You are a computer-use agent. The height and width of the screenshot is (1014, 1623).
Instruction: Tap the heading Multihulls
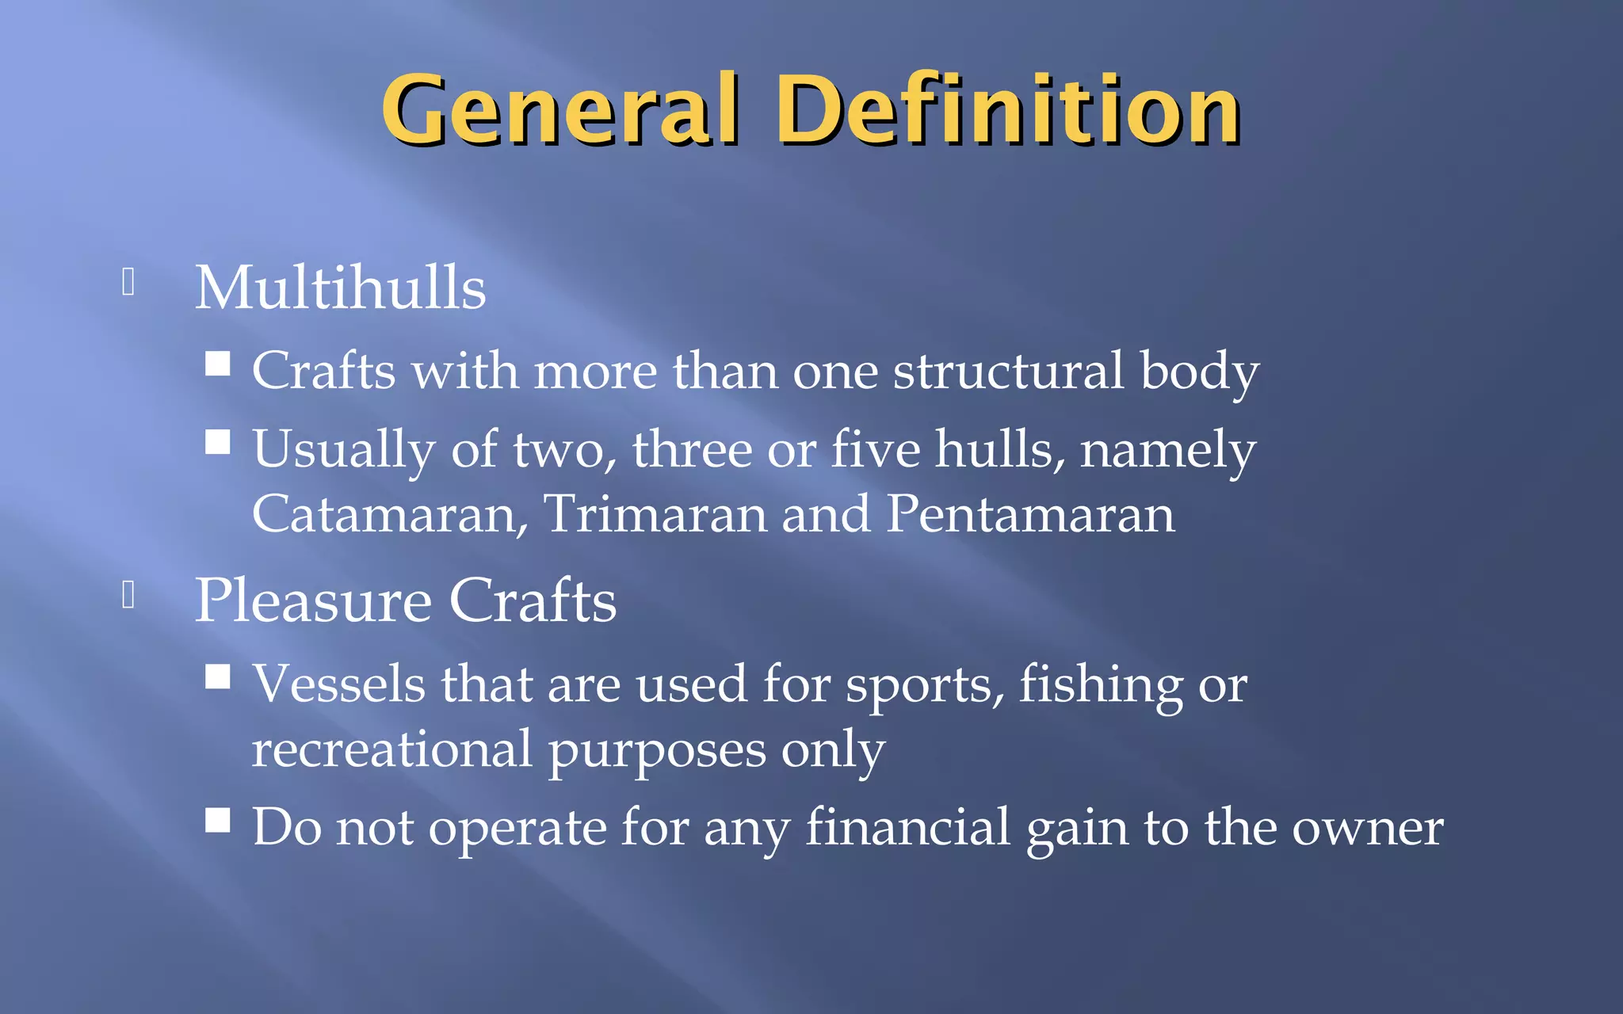click(341, 288)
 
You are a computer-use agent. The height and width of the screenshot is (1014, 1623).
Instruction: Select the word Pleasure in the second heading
click(313, 601)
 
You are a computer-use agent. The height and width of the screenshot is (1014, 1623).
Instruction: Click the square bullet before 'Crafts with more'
click(218, 364)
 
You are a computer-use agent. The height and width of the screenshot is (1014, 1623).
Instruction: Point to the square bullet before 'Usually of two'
click(218, 442)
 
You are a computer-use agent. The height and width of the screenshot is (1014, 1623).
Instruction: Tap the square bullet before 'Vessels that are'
click(218, 677)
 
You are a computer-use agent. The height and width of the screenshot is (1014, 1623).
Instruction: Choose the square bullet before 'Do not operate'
click(218, 821)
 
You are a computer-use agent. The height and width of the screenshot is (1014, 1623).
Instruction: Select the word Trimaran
click(655, 514)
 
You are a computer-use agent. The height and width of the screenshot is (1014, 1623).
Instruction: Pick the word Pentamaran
click(1030, 514)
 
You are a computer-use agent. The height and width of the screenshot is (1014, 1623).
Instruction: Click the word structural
click(1009, 371)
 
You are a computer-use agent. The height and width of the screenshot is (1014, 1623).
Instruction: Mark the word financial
click(907, 828)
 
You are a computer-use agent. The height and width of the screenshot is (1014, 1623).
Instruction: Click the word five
click(876, 449)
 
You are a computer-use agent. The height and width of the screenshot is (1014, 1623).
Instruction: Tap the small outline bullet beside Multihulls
click(128, 282)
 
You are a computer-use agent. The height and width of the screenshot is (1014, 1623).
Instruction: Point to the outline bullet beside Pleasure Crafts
click(128, 595)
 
